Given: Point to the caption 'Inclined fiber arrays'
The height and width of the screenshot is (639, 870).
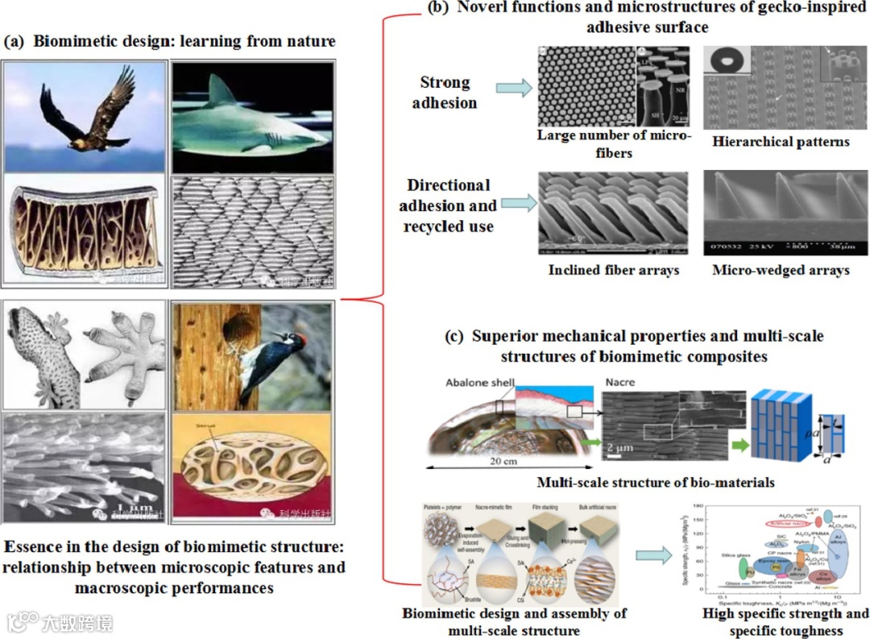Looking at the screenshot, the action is pyautogui.click(x=614, y=270).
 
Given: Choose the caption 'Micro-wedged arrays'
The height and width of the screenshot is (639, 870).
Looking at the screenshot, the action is pyautogui.click(x=781, y=270).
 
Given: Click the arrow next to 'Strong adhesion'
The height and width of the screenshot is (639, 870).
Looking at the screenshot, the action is pyautogui.click(x=514, y=89).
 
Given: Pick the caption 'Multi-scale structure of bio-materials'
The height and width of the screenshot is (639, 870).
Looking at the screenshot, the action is pyautogui.click(x=656, y=483).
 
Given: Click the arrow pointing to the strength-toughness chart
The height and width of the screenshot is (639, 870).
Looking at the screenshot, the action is pyautogui.click(x=651, y=555).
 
